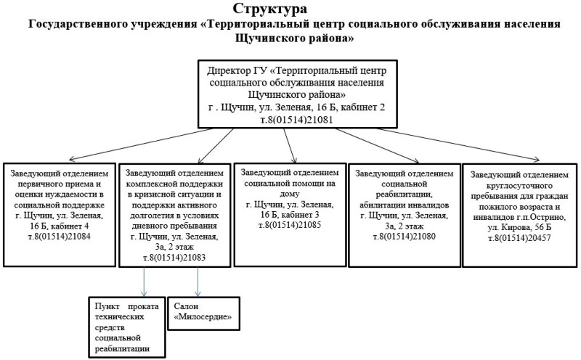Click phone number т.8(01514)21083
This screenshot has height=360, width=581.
tap(175, 257)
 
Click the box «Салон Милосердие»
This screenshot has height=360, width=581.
tap(203, 313)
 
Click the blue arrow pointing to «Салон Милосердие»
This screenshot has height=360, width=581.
tap(198, 279)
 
